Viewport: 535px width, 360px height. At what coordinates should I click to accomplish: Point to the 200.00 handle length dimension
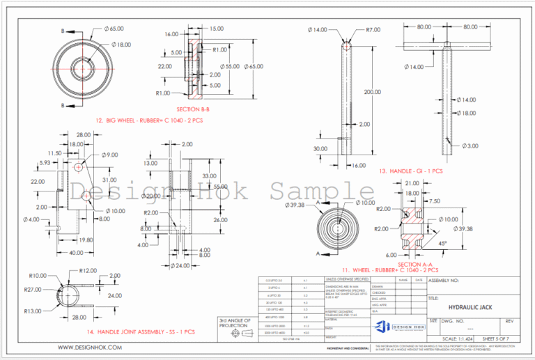click(x=372, y=92)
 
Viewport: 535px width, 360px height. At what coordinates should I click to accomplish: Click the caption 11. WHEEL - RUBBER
click(x=390, y=269)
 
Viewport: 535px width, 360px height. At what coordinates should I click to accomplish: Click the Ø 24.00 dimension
click(x=180, y=266)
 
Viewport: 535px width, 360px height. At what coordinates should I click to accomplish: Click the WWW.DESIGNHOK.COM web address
click(x=86, y=347)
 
